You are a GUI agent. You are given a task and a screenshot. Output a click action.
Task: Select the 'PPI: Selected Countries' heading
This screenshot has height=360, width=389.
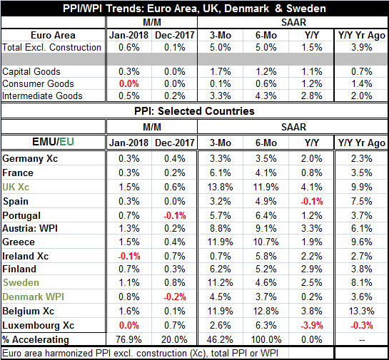pos(194,111)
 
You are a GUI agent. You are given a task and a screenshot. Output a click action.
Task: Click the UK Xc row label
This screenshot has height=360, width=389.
pos(16,187)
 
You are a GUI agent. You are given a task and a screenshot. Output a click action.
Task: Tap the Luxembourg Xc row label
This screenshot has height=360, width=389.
pos(39,325)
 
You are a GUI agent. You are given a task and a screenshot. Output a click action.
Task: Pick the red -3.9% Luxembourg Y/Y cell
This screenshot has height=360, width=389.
pos(312,325)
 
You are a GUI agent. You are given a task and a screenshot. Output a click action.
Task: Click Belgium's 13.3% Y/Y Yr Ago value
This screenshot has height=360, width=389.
pos(361,311)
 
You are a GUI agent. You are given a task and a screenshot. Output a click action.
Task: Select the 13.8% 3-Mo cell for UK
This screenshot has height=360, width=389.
pos(220,187)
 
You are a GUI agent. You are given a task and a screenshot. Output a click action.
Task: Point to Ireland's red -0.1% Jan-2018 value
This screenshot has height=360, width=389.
pos(129,256)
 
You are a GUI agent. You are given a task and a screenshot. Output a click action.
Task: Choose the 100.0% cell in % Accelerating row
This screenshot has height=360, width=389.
pos(266,339)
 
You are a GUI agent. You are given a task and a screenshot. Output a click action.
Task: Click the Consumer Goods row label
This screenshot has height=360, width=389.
pos(38,83)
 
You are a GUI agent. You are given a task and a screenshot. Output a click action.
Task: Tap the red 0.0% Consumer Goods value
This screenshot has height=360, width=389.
pos(129,83)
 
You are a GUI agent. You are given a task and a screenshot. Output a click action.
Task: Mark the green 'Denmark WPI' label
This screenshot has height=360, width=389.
pos(34,297)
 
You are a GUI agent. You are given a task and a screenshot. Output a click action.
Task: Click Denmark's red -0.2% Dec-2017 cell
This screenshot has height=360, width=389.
pos(175,297)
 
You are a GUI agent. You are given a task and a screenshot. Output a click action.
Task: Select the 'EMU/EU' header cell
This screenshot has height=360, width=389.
pos(53,142)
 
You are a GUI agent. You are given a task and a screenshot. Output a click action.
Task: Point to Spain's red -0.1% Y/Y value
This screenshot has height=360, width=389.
pos(312,201)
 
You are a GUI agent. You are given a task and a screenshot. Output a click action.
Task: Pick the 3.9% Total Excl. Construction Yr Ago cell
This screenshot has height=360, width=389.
pos(361,47)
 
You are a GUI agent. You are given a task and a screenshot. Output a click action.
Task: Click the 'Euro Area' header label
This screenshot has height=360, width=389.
pos(53,35)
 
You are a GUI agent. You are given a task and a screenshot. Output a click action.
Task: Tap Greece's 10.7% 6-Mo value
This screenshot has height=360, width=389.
pos(266,242)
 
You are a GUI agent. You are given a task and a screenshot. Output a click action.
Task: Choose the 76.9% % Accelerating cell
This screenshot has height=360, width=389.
pos(128,339)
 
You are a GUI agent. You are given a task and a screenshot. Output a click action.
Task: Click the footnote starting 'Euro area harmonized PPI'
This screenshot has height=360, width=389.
pos(140,353)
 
